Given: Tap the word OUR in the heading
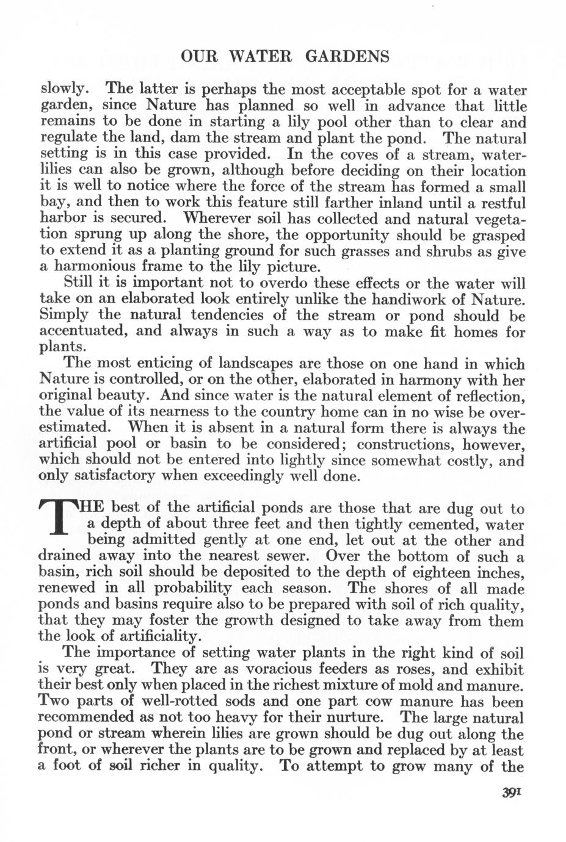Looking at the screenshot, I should (x=196, y=57).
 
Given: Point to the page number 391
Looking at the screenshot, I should (x=510, y=793).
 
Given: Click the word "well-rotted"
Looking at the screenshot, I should (x=150, y=702).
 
